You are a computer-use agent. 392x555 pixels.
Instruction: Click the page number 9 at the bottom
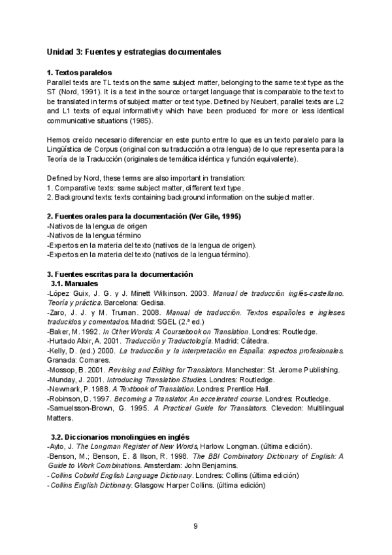point(196,526)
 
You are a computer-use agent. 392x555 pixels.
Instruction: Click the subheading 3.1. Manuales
point(74,283)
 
